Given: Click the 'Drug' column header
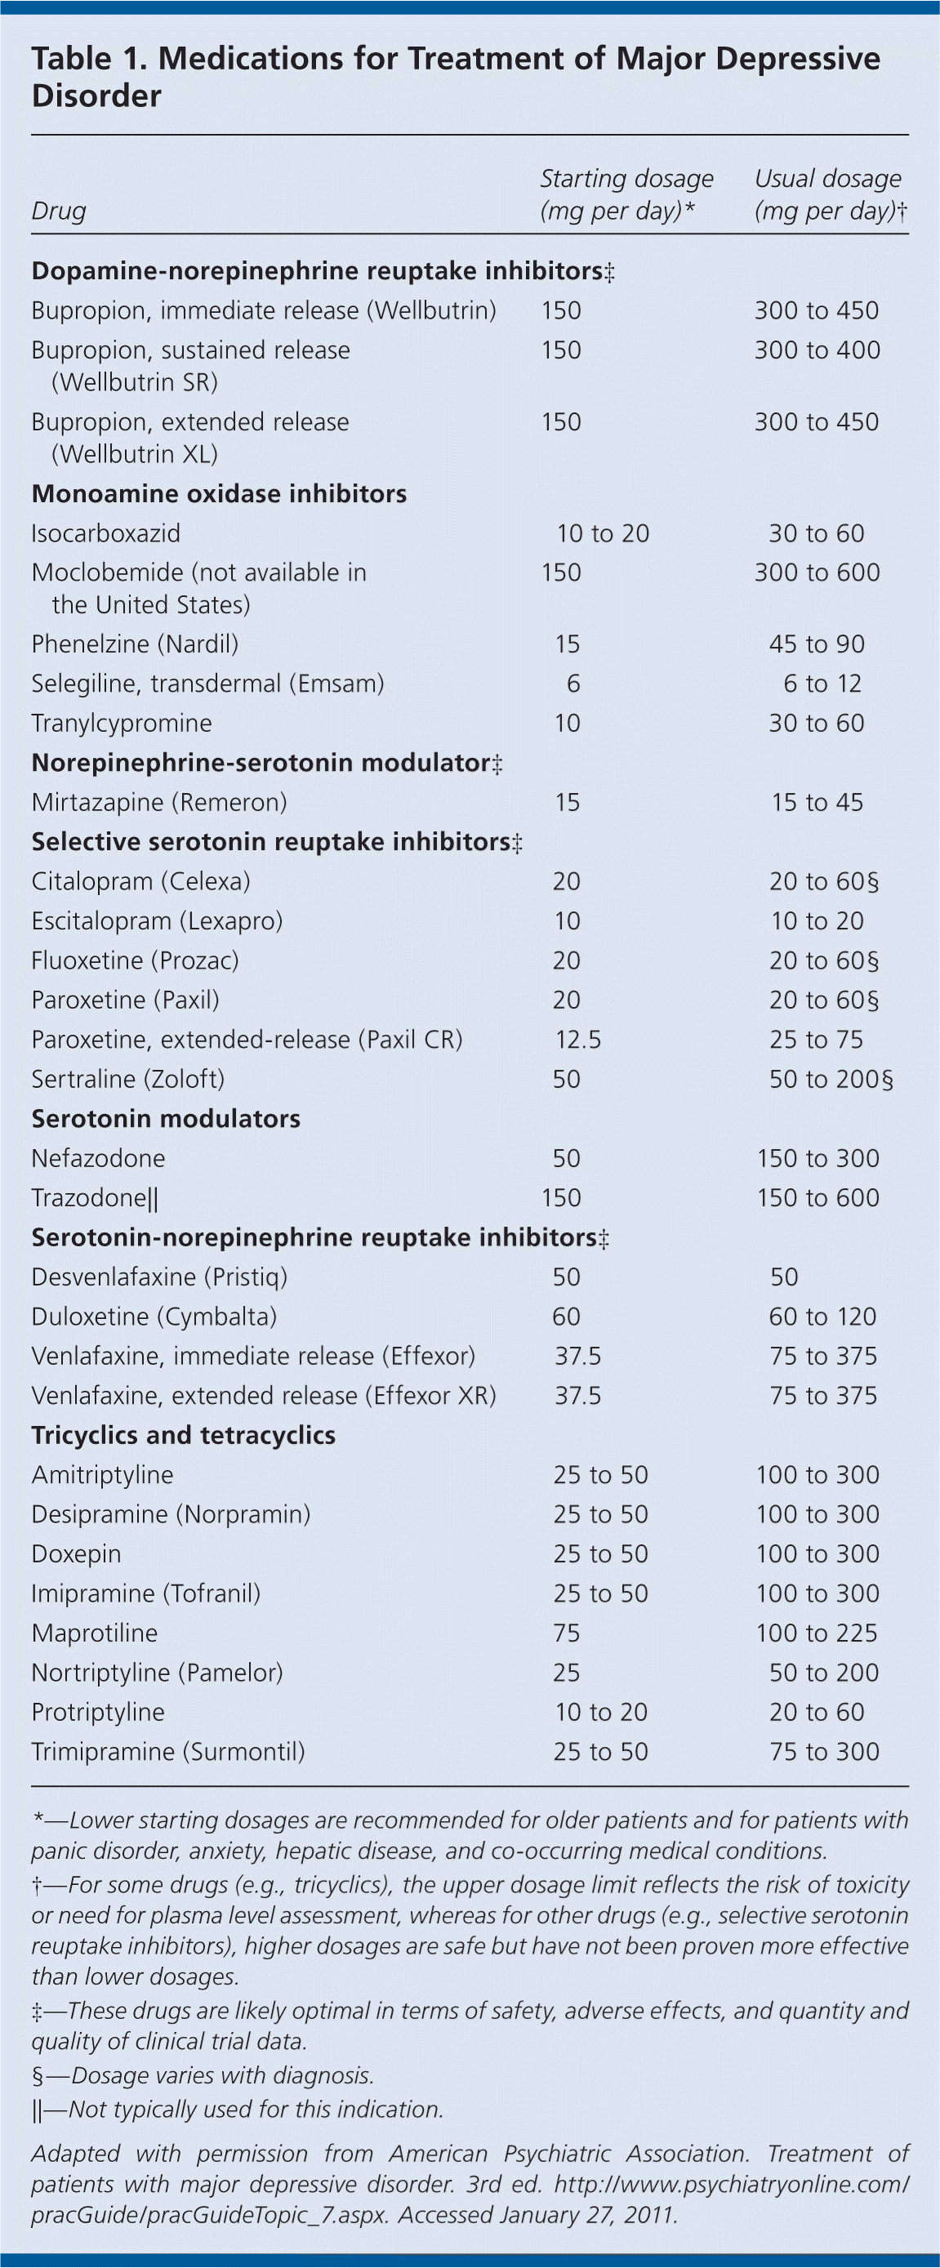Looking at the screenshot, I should [58, 212].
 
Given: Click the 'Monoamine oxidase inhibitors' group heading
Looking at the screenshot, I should [218, 494].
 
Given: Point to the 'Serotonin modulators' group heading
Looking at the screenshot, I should [166, 1119].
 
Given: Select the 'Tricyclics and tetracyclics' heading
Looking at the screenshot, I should [183, 1436].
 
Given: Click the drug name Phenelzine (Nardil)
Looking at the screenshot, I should [135, 644].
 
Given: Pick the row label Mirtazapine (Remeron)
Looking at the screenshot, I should [158, 803].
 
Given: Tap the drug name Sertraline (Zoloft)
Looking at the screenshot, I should [127, 1080].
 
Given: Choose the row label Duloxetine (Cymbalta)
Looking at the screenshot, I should [154, 1317].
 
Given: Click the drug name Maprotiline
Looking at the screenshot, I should [94, 1634].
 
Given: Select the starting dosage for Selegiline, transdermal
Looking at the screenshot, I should [573, 684].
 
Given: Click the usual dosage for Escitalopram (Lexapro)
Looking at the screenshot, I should [817, 922].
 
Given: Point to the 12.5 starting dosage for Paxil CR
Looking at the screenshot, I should [577, 1040].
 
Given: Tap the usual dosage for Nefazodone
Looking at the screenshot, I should [817, 1159].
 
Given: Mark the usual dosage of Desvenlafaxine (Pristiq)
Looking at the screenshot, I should [783, 1277].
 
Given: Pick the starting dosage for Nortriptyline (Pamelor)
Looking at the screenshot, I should [566, 1673].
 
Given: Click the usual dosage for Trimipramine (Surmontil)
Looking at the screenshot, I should [824, 1752].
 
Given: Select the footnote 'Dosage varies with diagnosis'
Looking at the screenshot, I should [203, 2076].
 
